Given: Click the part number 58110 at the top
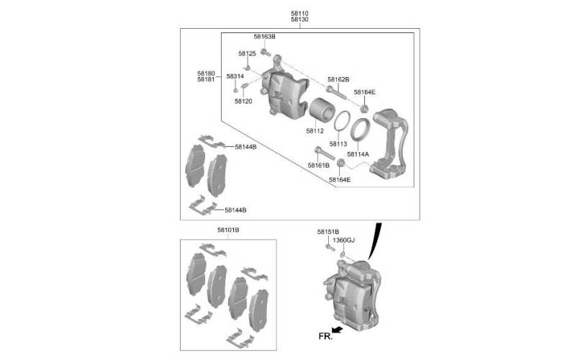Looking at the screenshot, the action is tap(299, 14).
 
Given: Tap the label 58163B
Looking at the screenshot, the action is tap(264, 37).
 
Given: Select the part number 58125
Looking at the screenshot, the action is tap(248, 53).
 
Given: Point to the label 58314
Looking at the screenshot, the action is tap(235, 76).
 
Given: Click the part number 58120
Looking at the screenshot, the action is tap(243, 101).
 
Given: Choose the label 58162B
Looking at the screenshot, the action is tap(338, 79).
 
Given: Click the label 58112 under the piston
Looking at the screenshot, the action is tap(315, 131).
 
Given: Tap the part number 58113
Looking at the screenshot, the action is tap(338, 144).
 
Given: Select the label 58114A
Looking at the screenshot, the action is tap(358, 154).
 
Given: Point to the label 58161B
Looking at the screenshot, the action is tap(319, 165).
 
